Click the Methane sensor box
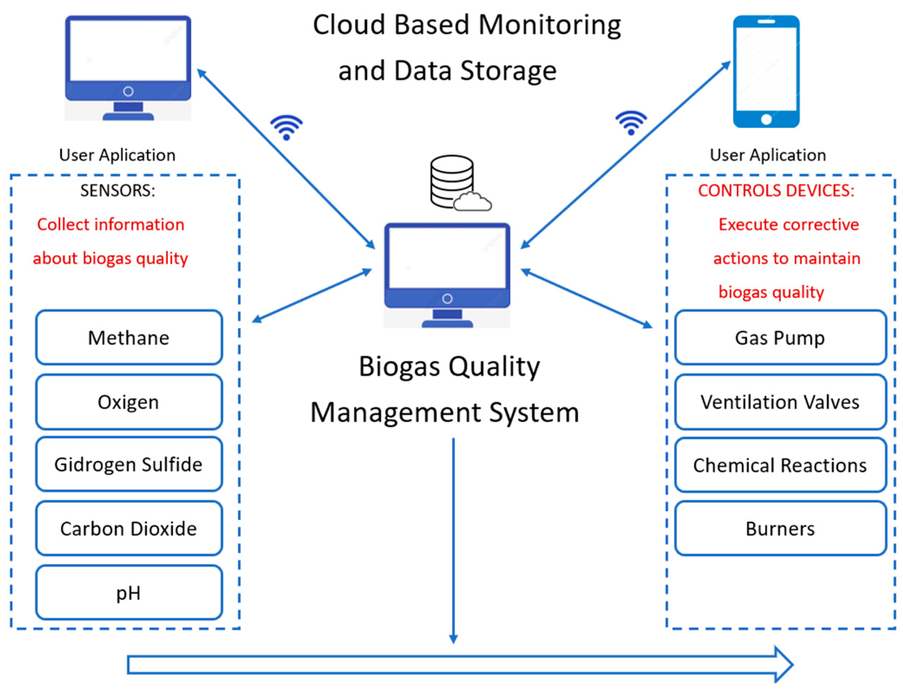[129, 338]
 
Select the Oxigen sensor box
[129, 402]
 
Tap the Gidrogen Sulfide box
[129, 464]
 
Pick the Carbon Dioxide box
[129, 528]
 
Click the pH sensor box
[129, 592]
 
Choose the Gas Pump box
[780, 338]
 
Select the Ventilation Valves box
[780, 402]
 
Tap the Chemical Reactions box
[780, 465]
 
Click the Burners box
[780, 528]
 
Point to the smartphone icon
[766, 72]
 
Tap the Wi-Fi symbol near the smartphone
[631, 123]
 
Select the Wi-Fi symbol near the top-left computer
[286, 128]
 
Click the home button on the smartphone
[766, 119]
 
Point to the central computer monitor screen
[447, 258]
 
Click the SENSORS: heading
[118, 191]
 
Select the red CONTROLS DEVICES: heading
[776, 191]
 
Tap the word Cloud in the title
[349, 25]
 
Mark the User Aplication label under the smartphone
[768, 155]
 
